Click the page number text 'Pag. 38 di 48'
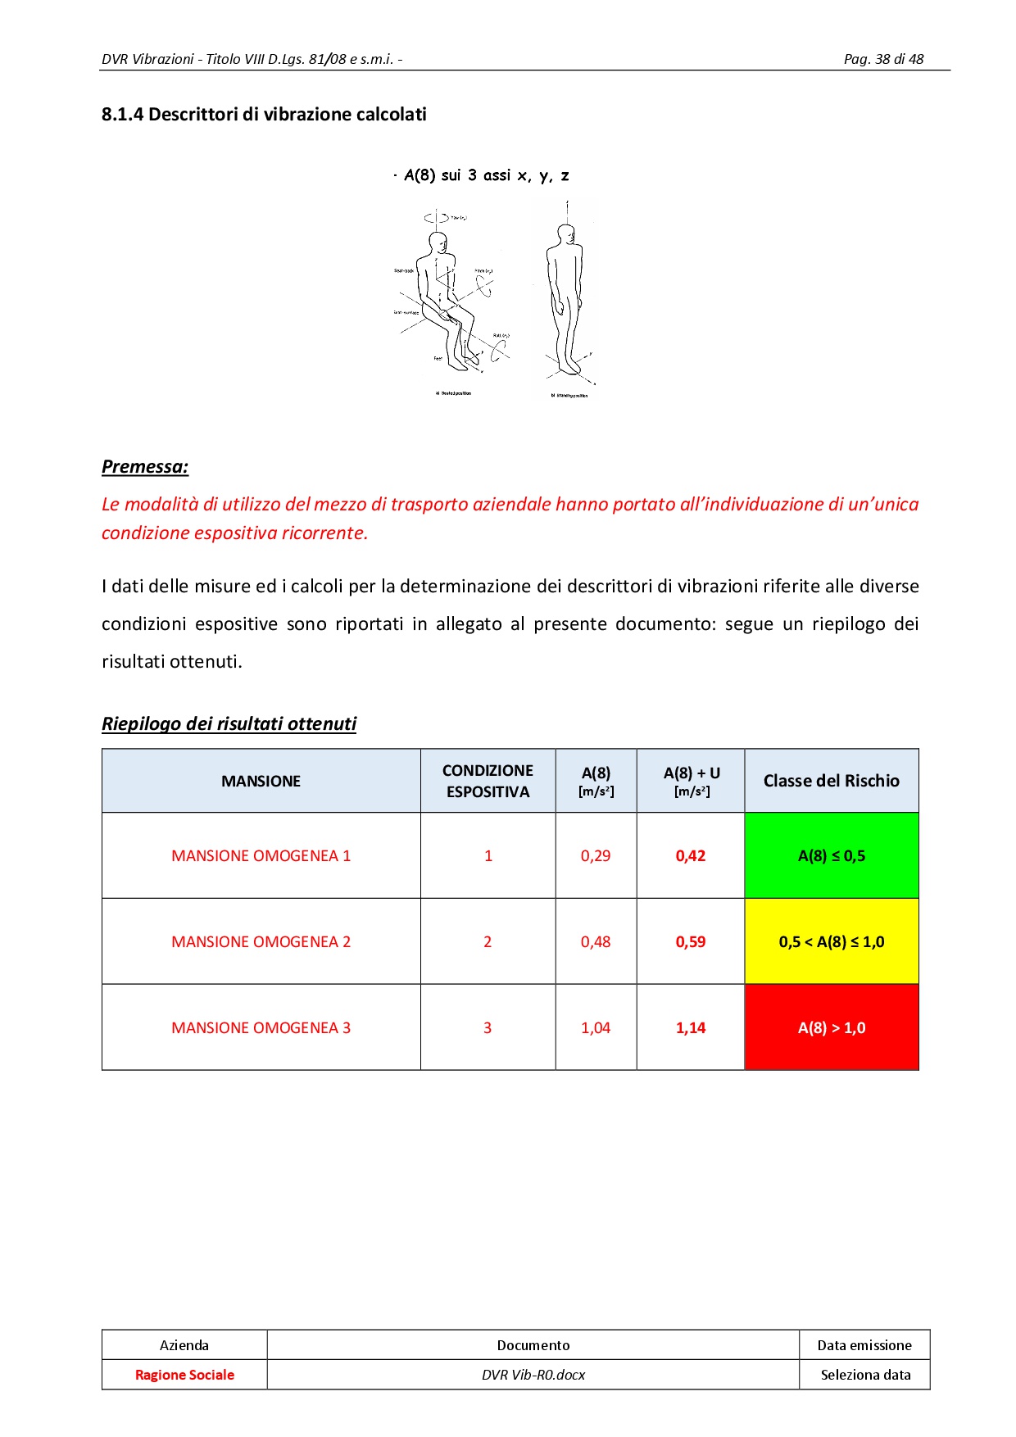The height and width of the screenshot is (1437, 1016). [x=883, y=59]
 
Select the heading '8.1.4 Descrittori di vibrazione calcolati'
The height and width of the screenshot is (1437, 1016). [x=264, y=115]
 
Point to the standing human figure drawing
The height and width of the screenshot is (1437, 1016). [x=565, y=299]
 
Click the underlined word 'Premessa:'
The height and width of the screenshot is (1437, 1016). [x=145, y=467]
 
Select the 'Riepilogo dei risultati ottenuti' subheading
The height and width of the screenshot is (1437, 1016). [x=229, y=724]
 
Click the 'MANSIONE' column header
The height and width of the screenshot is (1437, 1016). [x=261, y=782]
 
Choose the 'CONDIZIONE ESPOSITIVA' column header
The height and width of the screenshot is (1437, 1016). [x=488, y=782]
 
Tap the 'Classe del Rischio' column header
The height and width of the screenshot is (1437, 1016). [x=831, y=782]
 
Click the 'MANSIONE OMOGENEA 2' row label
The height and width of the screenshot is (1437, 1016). [x=261, y=942]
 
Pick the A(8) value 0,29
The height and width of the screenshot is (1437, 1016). [x=596, y=856]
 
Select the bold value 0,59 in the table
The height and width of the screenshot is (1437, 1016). [x=691, y=942]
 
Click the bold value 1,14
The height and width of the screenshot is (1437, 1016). [x=691, y=1028]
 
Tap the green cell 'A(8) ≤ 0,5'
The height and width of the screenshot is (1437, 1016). [x=831, y=856]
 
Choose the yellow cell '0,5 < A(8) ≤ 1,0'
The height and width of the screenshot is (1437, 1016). [x=831, y=942]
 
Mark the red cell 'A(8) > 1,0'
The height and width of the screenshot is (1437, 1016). [x=831, y=1028]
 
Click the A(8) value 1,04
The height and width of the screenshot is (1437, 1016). [x=596, y=1028]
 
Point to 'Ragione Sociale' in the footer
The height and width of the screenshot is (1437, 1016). [x=184, y=1375]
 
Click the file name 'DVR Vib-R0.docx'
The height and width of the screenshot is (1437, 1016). [x=533, y=1375]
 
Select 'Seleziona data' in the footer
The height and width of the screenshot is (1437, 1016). [x=865, y=1375]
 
